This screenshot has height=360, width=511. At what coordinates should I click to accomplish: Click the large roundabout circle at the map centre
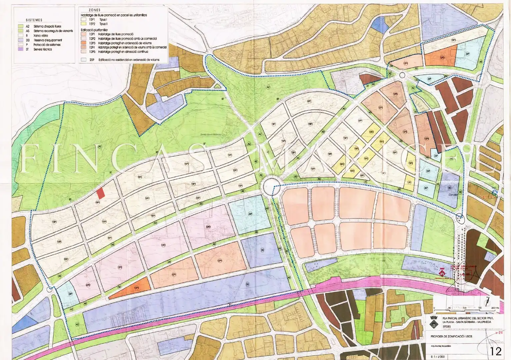click(271, 186)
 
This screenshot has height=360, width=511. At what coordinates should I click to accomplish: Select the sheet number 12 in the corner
click(496, 351)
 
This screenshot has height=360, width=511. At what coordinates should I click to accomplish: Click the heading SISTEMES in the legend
click(34, 20)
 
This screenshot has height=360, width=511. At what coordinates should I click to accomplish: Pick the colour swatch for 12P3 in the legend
click(83, 43)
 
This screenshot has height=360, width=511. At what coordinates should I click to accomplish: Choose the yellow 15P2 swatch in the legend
click(83, 24)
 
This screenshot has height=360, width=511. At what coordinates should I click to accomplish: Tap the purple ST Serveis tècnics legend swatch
click(20, 49)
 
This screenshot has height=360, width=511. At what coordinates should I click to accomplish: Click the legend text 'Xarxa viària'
click(41, 35)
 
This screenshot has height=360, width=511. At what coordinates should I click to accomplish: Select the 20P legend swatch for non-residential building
click(83, 60)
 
